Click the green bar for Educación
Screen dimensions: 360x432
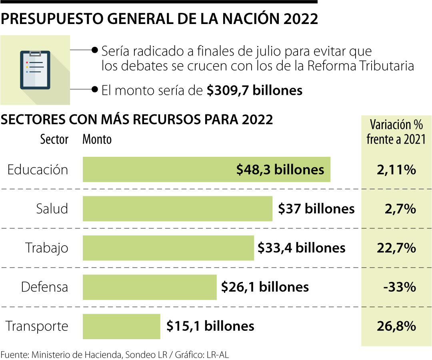[160, 169]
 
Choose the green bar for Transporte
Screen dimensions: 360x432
[121, 326]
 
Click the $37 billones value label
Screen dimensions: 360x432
[316, 208]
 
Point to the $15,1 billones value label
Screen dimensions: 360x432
[210, 326]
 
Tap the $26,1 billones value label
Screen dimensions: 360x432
[265, 287]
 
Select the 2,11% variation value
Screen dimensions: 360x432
[396, 170]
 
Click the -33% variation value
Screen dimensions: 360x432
[399, 287]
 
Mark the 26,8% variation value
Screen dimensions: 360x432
[396, 326]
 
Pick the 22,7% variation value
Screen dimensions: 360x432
[396, 248]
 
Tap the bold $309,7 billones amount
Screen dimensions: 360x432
[254, 90]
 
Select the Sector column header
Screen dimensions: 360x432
[54, 140]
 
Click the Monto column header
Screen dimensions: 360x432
[97, 140]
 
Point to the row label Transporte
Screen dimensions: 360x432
[37, 326]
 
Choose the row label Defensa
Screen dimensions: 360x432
[44, 287]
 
